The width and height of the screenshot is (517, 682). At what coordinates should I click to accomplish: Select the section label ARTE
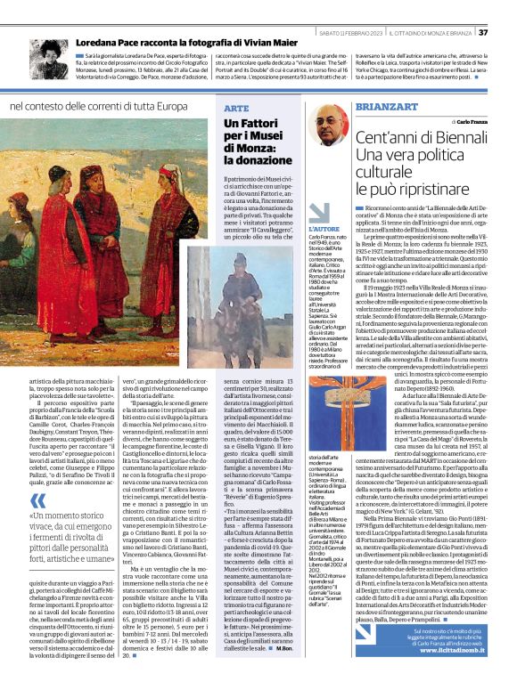[x=236, y=107]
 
